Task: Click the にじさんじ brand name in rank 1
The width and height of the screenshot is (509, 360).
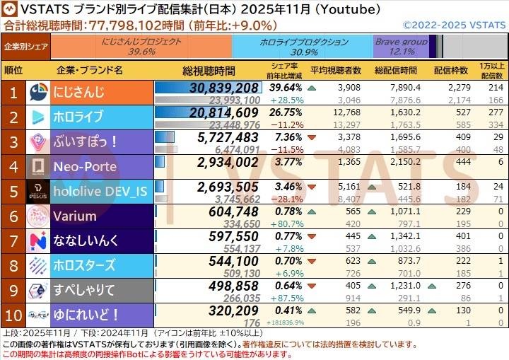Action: click(79, 92)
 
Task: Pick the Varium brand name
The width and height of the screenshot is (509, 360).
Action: click(73, 216)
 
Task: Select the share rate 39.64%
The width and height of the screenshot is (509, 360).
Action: click(286, 88)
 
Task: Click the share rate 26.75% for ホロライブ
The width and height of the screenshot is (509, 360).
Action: click(286, 112)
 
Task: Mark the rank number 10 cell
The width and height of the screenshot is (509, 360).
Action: click(13, 315)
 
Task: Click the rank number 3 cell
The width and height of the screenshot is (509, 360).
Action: click(13, 141)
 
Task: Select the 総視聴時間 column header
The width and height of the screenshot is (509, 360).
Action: click(209, 71)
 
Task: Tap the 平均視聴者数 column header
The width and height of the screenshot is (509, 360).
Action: click(336, 71)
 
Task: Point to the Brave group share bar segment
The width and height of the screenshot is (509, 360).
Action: click(401, 47)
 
